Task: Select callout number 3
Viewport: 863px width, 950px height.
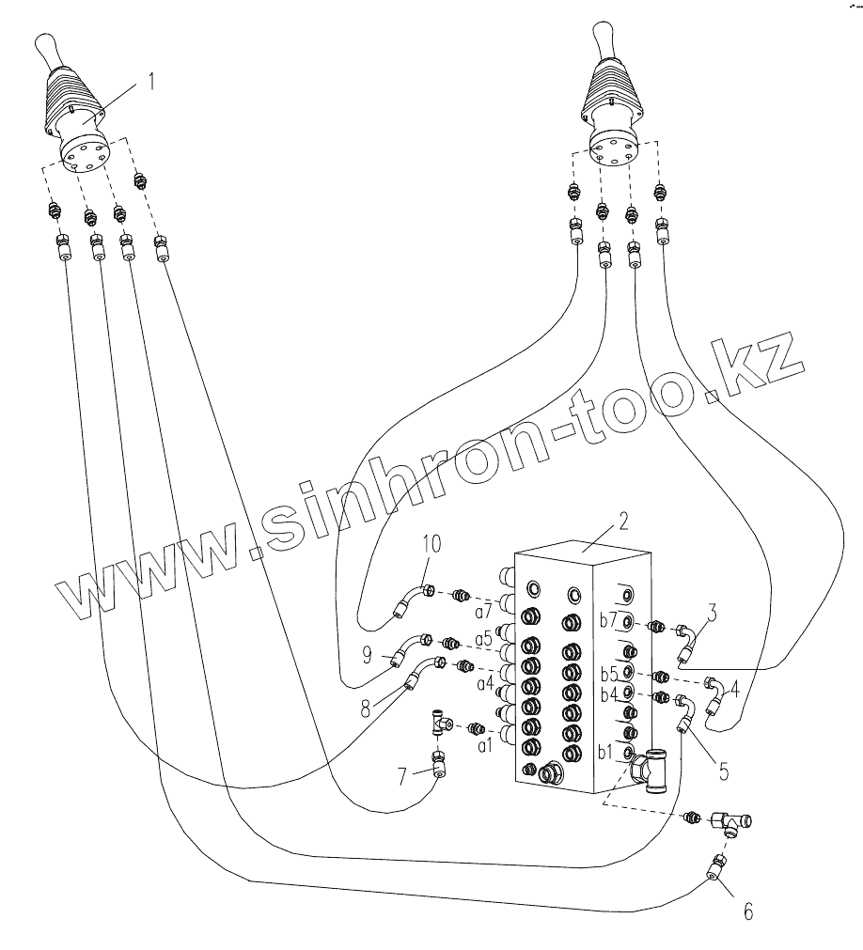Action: (714, 615)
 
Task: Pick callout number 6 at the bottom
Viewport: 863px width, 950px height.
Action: (747, 911)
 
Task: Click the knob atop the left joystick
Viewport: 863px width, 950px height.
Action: (47, 46)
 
